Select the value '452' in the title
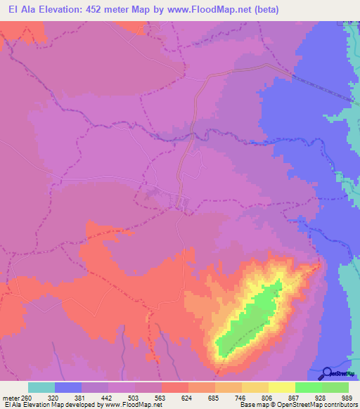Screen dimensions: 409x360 [104, 9]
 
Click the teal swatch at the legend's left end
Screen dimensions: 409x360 [41, 387]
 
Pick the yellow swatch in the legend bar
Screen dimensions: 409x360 [281, 387]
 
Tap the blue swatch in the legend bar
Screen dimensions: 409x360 [68, 387]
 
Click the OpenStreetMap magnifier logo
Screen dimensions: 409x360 [327, 373]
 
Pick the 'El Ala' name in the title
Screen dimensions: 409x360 [18, 9]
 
